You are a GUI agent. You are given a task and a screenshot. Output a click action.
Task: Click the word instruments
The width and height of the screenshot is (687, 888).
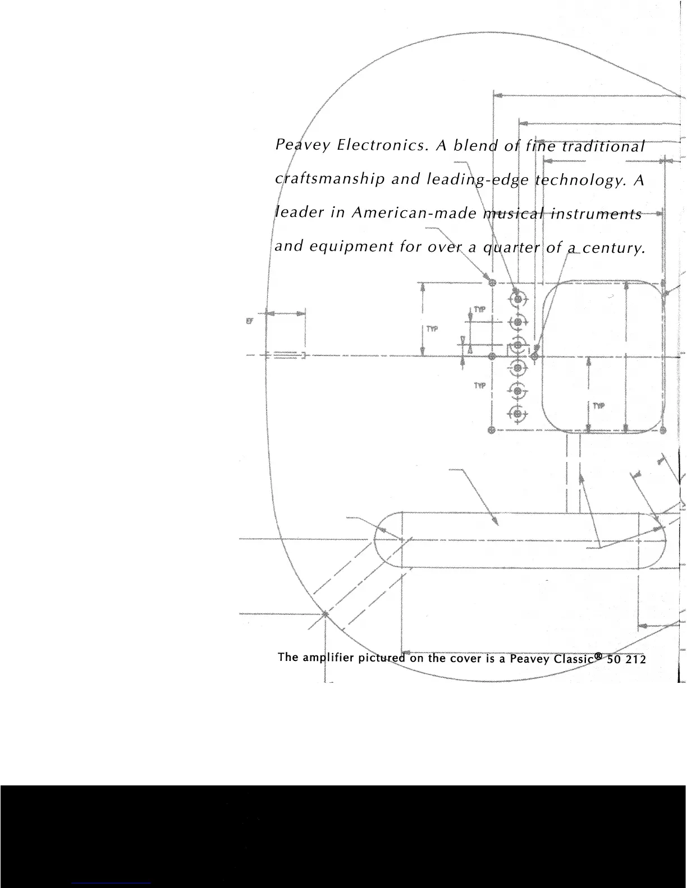tap(596, 214)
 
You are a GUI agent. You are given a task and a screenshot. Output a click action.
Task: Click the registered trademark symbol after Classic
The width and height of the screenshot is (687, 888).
tap(599, 654)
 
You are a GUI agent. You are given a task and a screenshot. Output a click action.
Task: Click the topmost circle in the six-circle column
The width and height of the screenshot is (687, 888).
tap(518, 298)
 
